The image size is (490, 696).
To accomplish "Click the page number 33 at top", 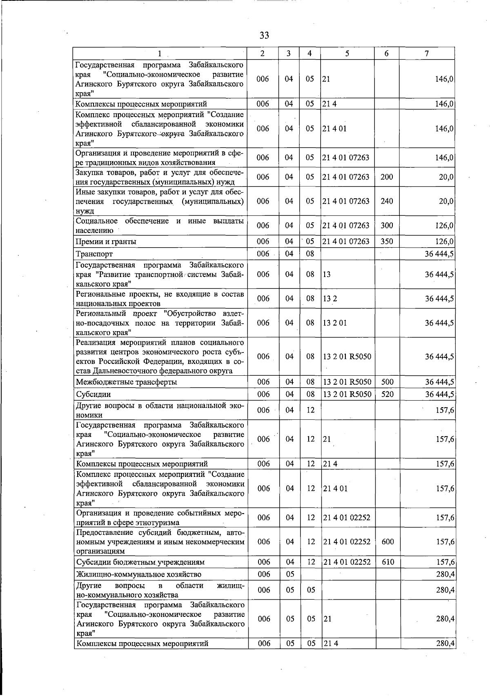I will click(x=264, y=35).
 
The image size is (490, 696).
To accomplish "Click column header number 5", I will click(x=347, y=53).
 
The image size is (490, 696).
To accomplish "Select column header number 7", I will click(x=426, y=53).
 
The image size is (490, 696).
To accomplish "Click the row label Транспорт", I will click(x=94, y=254).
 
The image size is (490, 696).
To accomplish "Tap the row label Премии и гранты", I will click(x=106, y=242).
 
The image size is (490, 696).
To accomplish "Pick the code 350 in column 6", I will click(x=386, y=242).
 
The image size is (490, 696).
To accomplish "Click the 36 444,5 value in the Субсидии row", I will click(x=439, y=395).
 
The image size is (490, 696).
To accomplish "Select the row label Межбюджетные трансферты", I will click(x=127, y=382).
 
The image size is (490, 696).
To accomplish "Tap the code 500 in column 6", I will click(x=387, y=382).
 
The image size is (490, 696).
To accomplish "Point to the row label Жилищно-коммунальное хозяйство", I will click(x=139, y=574).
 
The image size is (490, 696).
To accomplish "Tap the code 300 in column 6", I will click(x=386, y=225).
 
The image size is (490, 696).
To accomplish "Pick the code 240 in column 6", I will click(x=386, y=201).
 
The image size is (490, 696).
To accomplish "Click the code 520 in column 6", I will click(x=387, y=395).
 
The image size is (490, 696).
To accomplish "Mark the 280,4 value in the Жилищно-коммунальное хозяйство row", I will click(x=445, y=574).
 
